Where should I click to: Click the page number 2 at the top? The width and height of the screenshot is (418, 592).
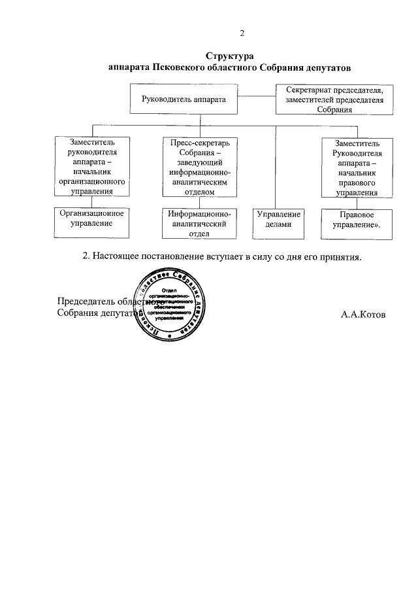coord(242,33)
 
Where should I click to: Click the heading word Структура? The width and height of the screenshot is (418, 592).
coord(229,56)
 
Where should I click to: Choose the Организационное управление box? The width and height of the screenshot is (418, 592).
coord(91,222)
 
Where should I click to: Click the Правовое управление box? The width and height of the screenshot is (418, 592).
coord(357,223)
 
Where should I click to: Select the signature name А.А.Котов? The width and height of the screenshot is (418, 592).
coord(363,315)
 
